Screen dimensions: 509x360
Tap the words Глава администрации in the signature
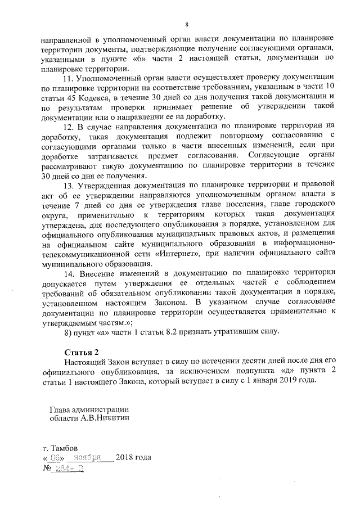pos(89,409)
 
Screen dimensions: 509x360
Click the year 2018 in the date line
pos(125,458)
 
